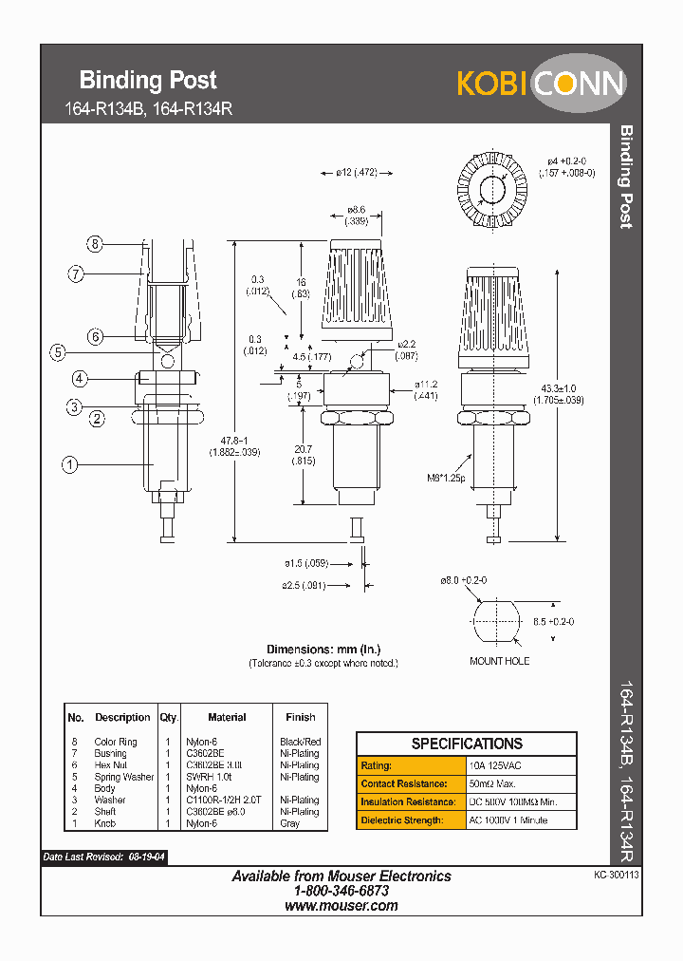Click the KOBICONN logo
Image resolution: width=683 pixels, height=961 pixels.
pyautogui.click(x=541, y=84)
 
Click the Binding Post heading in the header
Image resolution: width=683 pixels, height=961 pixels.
pyautogui.click(x=148, y=80)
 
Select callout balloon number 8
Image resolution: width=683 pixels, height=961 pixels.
pyautogui.click(x=94, y=244)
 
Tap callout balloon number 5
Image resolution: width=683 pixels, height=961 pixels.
pyautogui.click(x=58, y=352)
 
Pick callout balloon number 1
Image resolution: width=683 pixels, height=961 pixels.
pyautogui.click(x=68, y=464)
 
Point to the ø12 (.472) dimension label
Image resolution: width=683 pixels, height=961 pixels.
pyautogui.click(x=357, y=173)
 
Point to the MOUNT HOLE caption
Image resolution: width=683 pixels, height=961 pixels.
pyautogui.click(x=499, y=661)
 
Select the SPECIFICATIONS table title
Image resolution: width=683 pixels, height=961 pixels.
pyautogui.click(x=466, y=744)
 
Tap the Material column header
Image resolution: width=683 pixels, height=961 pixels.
pyautogui.click(x=227, y=717)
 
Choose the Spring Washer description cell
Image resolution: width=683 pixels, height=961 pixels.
pyautogui.click(x=123, y=777)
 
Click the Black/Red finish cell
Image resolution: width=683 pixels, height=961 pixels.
pyautogui.click(x=301, y=742)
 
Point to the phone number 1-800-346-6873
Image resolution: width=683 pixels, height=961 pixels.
pyautogui.click(x=341, y=892)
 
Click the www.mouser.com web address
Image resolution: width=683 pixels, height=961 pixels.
pyautogui.click(x=341, y=906)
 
